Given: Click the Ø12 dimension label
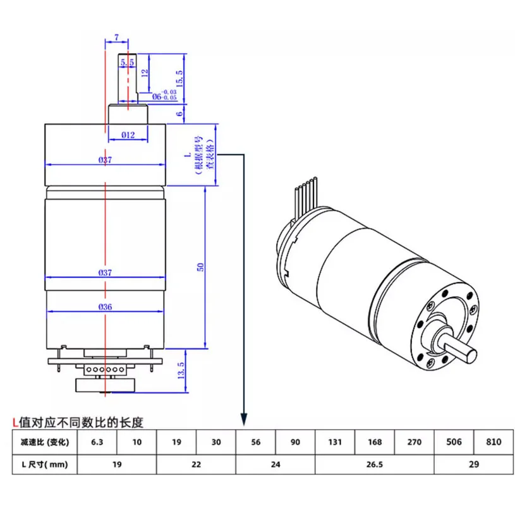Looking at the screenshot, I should [128, 135].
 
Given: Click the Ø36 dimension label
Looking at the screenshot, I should [106, 307].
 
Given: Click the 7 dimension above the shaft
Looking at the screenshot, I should [118, 38].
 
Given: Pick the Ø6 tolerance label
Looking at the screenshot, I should [166, 95].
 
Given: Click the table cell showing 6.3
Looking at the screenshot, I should [97, 442].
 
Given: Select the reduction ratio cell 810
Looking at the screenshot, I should [494, 442].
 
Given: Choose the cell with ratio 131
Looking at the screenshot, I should [335, 442].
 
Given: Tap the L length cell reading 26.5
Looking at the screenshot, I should [374, 464].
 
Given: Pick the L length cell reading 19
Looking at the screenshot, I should [116, 464].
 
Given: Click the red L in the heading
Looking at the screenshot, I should [16, 420].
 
